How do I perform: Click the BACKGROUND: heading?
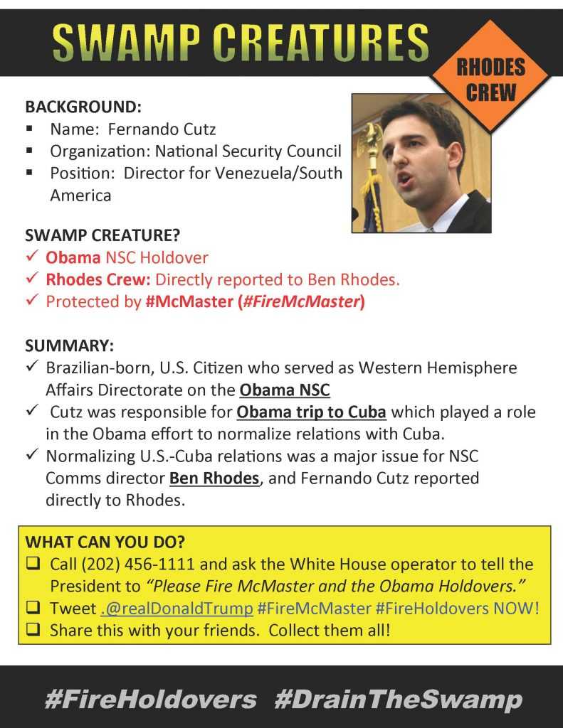[83, 107]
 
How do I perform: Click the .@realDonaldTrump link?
[177, 609]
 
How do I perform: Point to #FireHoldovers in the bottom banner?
[150, 700]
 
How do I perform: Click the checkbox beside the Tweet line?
[33, 609]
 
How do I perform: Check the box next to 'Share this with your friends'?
[33, 631]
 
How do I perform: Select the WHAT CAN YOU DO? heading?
[105, 542]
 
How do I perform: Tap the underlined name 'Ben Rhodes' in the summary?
[214, 478]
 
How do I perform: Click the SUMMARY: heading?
[69, 346]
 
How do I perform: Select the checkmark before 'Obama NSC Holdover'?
[32, 257]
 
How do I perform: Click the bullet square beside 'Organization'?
[30, 151]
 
